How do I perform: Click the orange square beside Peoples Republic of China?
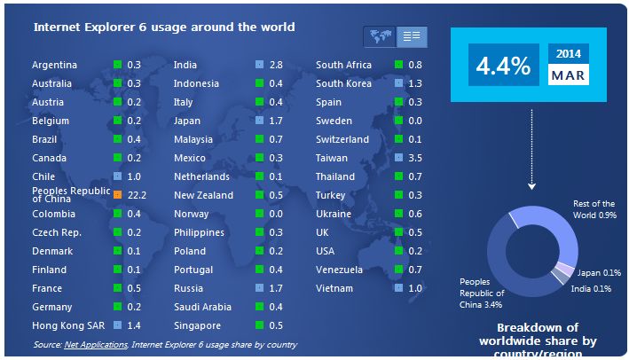[x=117, y=193]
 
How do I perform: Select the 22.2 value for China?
[x=137, y=194]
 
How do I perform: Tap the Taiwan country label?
[x=331, y=158]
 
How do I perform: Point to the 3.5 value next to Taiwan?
[x=415, y=158]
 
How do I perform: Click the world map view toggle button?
[x=379, y=36]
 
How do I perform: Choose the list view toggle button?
[x=411, y=36]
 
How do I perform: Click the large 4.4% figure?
[x=503, y=66]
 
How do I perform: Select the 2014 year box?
[x=568, y=54]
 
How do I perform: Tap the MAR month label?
[x=568, y=75]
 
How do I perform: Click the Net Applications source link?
[x=96, y=344]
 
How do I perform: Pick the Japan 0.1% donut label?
[x=600, y=272]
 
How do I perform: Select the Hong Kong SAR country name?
[x=63, y=325]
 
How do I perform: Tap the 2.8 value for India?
[x=276, y=65]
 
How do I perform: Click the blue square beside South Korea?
[x=399, y=83]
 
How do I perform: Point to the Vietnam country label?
[x=334, y=288]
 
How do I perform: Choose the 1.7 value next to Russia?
[x=276, y=288]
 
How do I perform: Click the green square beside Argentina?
[x=117, y=65]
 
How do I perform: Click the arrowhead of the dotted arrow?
[x=531, y=186]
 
